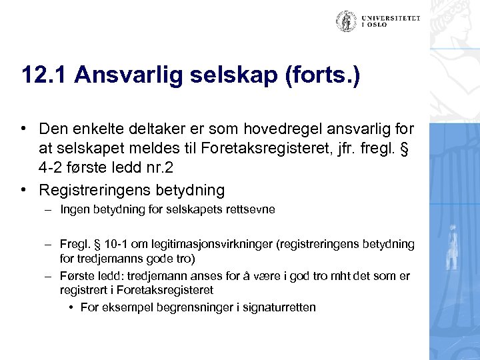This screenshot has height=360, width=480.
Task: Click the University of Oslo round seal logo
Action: (x=346, y=21)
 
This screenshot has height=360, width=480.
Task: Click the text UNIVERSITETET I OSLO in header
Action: (x=391, y=21)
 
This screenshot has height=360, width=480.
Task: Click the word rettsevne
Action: (x=251, y=210)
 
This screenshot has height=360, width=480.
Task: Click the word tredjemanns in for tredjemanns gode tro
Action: (x=104, y=258)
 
